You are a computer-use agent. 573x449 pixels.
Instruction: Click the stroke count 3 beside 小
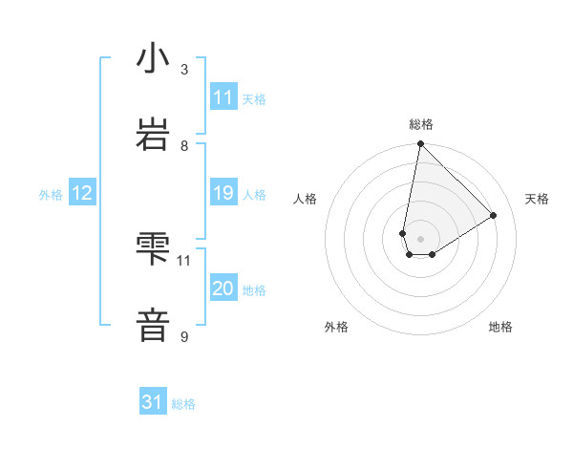click(184, 70)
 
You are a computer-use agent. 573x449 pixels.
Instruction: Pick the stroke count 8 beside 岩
click(184, 145)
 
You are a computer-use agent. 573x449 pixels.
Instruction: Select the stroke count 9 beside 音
click(184, 336)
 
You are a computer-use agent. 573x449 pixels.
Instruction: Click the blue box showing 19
click(223, 193)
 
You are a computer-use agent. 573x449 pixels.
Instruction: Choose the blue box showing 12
click(82, 193)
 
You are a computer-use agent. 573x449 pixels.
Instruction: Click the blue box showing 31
click(153, 402)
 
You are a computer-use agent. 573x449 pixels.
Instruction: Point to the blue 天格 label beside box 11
click(254, 98)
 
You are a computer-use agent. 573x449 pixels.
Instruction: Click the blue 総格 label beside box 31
click(183, 404)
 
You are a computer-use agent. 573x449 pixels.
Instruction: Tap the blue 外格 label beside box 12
click(51, 195)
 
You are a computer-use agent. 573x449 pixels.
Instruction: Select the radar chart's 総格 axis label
click(421, 124)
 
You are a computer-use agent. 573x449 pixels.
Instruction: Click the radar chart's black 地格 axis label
click(500, 327)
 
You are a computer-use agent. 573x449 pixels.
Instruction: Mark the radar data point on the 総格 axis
click(420, 144)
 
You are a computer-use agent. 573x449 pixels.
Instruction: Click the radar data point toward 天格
click(493, 215)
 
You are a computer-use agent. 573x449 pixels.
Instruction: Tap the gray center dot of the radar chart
click(420, 239)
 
